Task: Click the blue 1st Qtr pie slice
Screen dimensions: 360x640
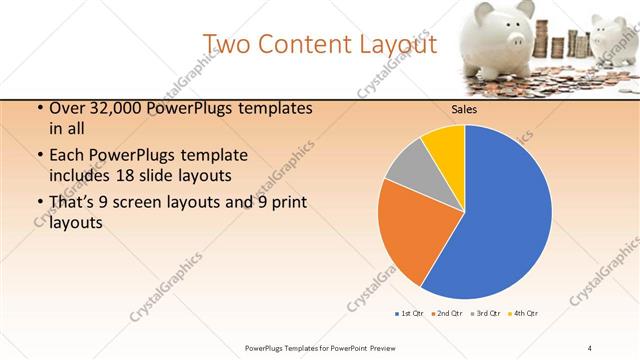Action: [x=500, y=220]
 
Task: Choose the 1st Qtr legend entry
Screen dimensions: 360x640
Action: [x=409, y=314]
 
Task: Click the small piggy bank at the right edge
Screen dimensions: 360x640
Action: [x=612, y=36]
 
